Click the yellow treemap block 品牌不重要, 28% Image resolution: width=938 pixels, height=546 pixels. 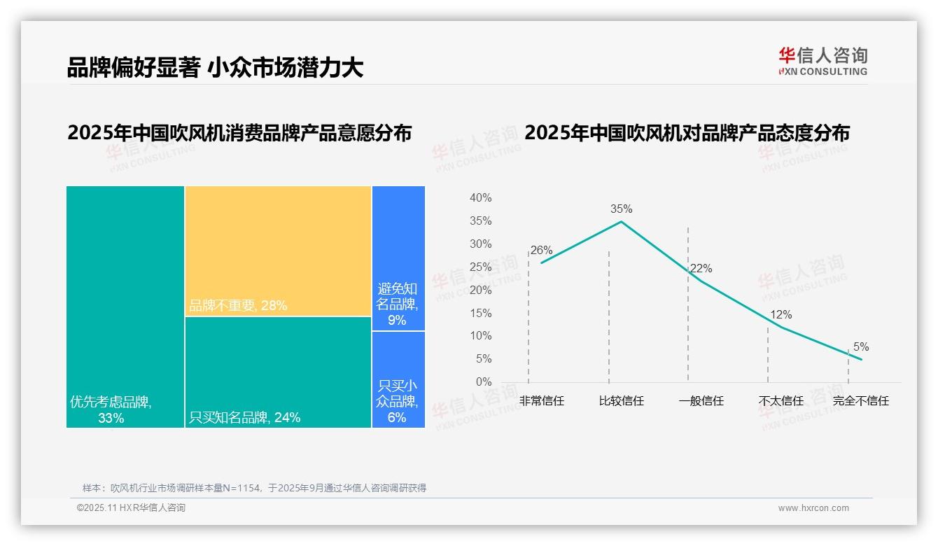(278, 251)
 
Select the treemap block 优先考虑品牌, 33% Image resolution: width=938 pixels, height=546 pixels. (125, 307)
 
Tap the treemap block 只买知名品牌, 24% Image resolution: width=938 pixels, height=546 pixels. (278, 372)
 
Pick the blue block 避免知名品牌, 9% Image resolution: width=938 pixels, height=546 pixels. (398, 258)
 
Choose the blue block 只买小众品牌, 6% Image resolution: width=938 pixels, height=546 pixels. (398, 379)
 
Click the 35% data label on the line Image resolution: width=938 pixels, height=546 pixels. (621, 209)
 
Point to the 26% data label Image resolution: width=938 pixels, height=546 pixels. (541, 250)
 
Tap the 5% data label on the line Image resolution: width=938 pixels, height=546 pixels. (860, 346)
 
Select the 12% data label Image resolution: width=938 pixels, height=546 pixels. (780, 315)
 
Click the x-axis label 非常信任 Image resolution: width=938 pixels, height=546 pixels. (541, 401)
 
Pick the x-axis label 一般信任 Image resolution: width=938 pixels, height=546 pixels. (701, 401)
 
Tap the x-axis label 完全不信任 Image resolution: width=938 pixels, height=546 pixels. (860, 401)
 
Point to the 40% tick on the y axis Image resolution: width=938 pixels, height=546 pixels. (480, 198)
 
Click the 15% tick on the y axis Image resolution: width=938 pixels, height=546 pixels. (480, 313)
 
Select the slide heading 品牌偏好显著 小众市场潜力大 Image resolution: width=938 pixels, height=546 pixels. (215, 67)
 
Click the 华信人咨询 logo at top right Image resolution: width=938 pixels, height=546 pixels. (822, 61)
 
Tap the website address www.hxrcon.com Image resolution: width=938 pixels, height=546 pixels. (813, 508)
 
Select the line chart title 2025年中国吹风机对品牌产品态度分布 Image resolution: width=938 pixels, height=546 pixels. (687, 133)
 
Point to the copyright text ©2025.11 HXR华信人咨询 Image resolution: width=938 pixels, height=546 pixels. (131, 508)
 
